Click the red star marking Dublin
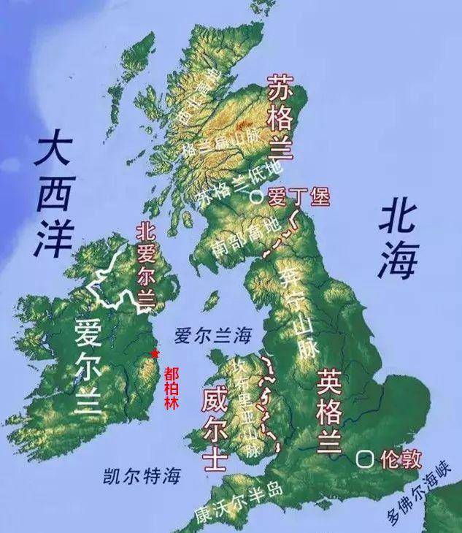[154, 354]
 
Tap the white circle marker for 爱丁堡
[255, 196]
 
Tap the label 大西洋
[56, 196]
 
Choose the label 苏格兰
[281, 117]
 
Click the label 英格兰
[329, 407]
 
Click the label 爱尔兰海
[212, 337]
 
